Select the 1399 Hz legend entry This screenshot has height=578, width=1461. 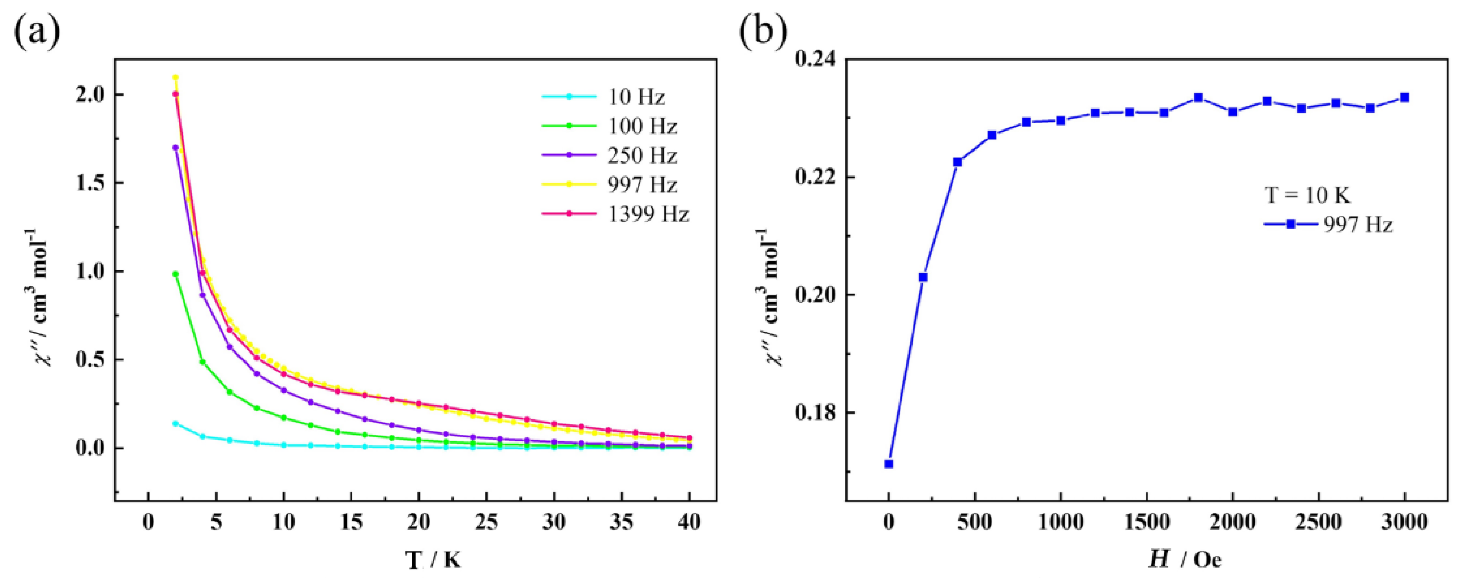pyautogui.click(x=648, y=214)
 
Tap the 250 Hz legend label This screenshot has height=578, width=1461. pyautogui.click(x=642, y=156)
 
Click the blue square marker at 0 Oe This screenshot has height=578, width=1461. pyautogui.click(x=889, y=463)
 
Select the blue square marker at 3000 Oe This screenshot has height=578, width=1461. pyautogui.click(x=1404, y=98)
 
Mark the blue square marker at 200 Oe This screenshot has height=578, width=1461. pyautogui.click(x=923, y=277)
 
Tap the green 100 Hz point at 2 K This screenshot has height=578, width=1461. pyautogui.click(x=176, y=274)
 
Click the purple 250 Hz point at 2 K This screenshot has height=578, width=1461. pyautogui.click(x=176, y=147)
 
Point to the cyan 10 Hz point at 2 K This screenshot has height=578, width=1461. pyautogui.click(x=176, y=424)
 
